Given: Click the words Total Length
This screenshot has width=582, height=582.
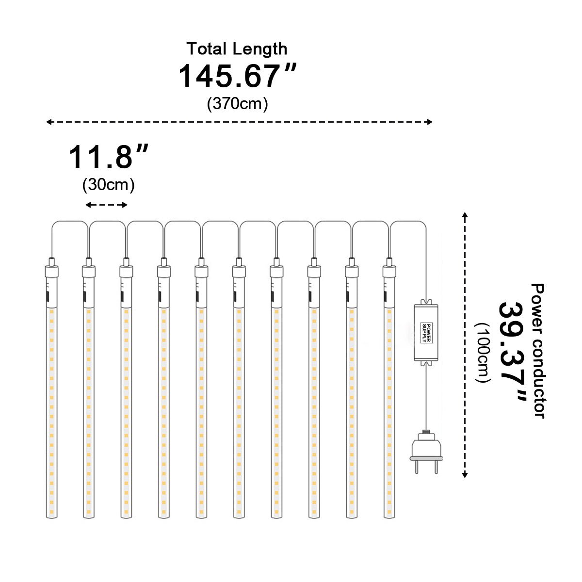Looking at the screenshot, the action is [x=237, y=49].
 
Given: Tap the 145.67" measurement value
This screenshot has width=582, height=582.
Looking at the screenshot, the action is [x=237, y=76].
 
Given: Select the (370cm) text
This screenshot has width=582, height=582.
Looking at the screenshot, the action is [x=237, y=104].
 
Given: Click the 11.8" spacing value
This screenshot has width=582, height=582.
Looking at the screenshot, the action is [x=109, y=157].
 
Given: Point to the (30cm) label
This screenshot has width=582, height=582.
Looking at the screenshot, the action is [x=109, y=184].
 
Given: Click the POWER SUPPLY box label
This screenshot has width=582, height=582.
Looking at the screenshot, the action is [x=426, y=333].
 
